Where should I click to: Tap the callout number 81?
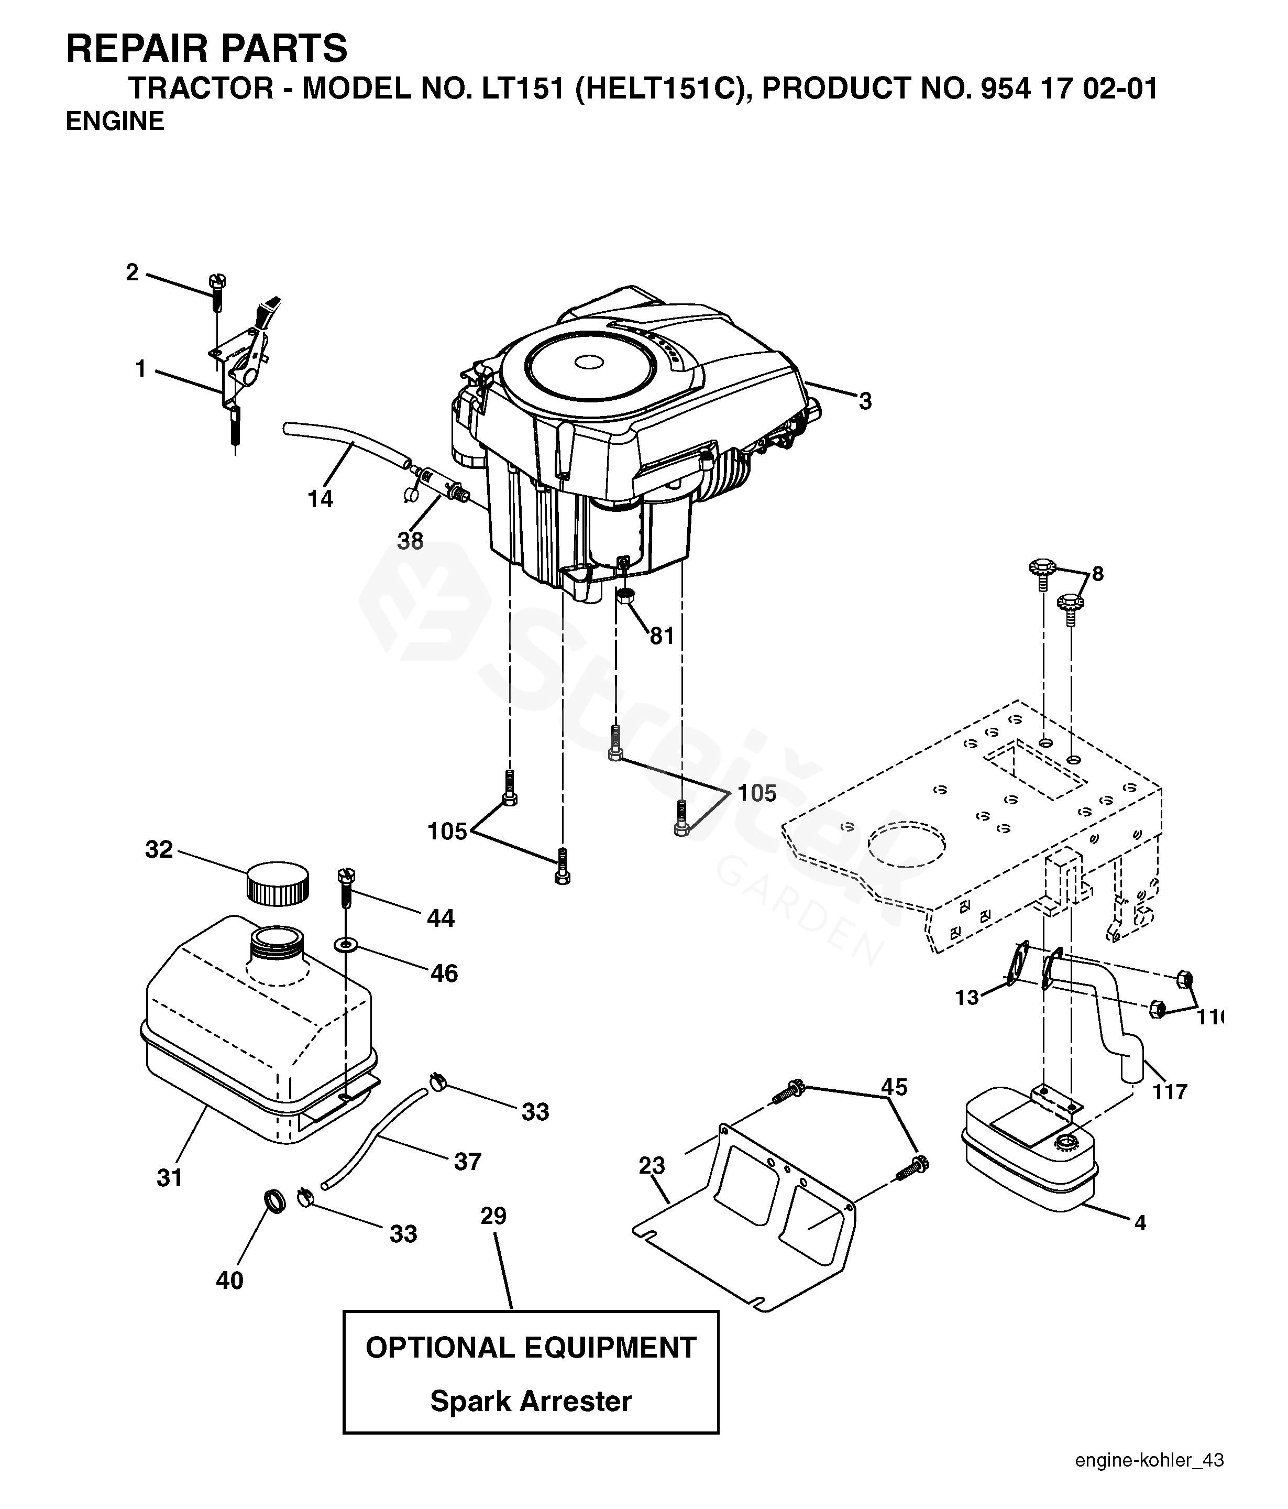(x=662, y=637)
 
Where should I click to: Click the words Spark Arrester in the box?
(x=531, y=1401)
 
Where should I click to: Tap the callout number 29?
(x=493, y=1216)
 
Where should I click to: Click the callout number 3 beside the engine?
(x=865, y=401)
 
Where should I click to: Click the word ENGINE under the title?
(x=115, y=121)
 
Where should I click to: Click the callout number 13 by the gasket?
(x=967, y=997)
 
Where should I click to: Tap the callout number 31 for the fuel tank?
(x=170, y=1178)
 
